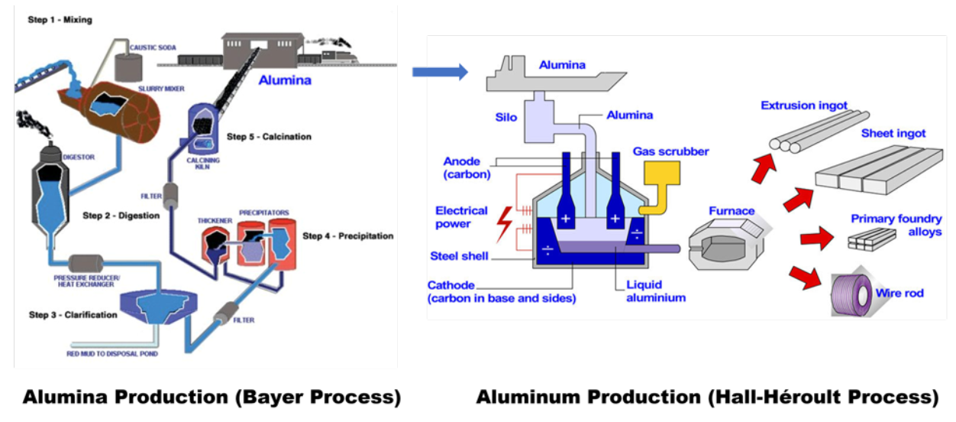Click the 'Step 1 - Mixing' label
click(60, 20)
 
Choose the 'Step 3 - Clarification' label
click(73, 315)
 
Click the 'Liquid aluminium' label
click(655, 291)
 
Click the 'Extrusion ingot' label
click(804, 105)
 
